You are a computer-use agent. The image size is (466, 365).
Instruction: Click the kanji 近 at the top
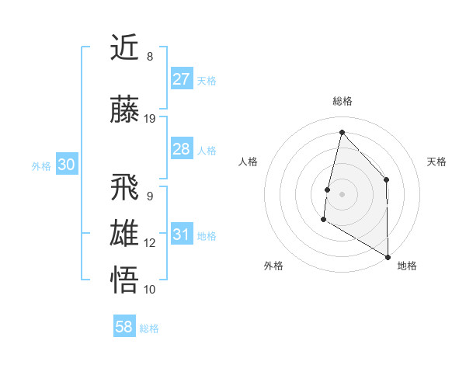pyautogui.click(x=126, y=48)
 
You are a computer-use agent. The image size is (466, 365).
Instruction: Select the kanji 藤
pyautogui.click(x=126, y=109)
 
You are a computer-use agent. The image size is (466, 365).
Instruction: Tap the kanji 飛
pyautogui.click(x=126, y=186)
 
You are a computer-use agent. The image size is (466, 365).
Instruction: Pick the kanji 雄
pyautogui.click(x=126, y=233)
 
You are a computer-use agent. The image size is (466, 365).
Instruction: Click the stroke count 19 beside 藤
pyautogui.click(x=150, y=119)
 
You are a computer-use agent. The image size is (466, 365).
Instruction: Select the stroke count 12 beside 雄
pyautogui.click(x=150, y=243)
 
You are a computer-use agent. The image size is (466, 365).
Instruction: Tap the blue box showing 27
pyautogui.click(x=181, y=78)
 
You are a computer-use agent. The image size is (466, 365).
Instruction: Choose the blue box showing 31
pyautogui.click(x=181, y=234)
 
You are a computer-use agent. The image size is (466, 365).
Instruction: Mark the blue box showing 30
pyautogui.click(x=66, y=165)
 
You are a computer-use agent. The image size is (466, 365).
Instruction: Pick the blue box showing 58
pyautogui.click(x=124, y=327)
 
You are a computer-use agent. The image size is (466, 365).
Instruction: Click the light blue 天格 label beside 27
pyautogui.click(x=207, y=80)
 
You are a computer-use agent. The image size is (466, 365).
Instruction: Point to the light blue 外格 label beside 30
pyautogui.click(x=41, y=165)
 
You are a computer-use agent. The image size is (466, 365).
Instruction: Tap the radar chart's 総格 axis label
pyautogui.click(x=342, y=101)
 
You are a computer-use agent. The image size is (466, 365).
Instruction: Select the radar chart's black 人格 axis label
pyautogui.click(x=249, y=162)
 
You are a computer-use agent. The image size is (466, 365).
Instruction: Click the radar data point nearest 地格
pyautogui.click(x=388, y=257)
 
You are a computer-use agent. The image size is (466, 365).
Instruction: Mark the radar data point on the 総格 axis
pyautogui.click(x=341, y=131)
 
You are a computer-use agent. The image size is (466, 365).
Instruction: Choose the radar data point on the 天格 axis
pyautogui.click(x=387, y=179)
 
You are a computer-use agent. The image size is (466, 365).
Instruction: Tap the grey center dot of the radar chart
pyautogui.click(x=342, y=194)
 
